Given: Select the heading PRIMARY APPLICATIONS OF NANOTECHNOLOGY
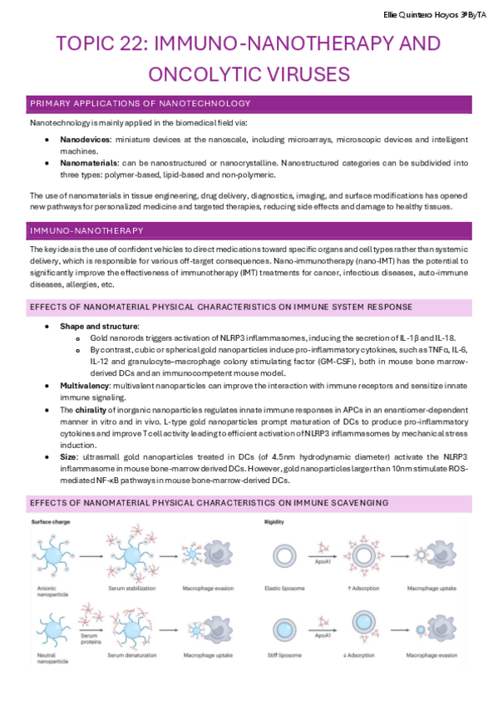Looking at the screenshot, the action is point(140,104).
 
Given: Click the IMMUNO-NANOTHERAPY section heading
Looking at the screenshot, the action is point(86,230).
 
